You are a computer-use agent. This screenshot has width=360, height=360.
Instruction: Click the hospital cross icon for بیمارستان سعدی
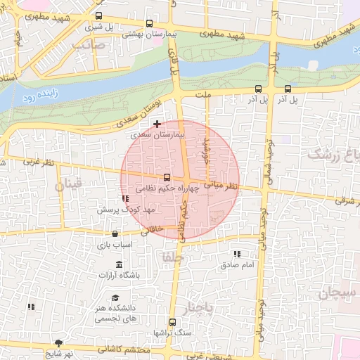point(157,124)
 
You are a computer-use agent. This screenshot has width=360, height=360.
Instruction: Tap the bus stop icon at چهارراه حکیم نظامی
point(167,178)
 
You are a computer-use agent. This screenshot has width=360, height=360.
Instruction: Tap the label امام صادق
point(236,265)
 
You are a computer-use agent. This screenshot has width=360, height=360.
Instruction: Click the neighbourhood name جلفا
point(172,255)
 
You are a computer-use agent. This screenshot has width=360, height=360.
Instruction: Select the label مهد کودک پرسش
point(125,210)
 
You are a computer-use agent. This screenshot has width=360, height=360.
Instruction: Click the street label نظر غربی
point(39,162)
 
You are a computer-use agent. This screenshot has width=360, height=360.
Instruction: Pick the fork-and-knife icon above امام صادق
point(237,254)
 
